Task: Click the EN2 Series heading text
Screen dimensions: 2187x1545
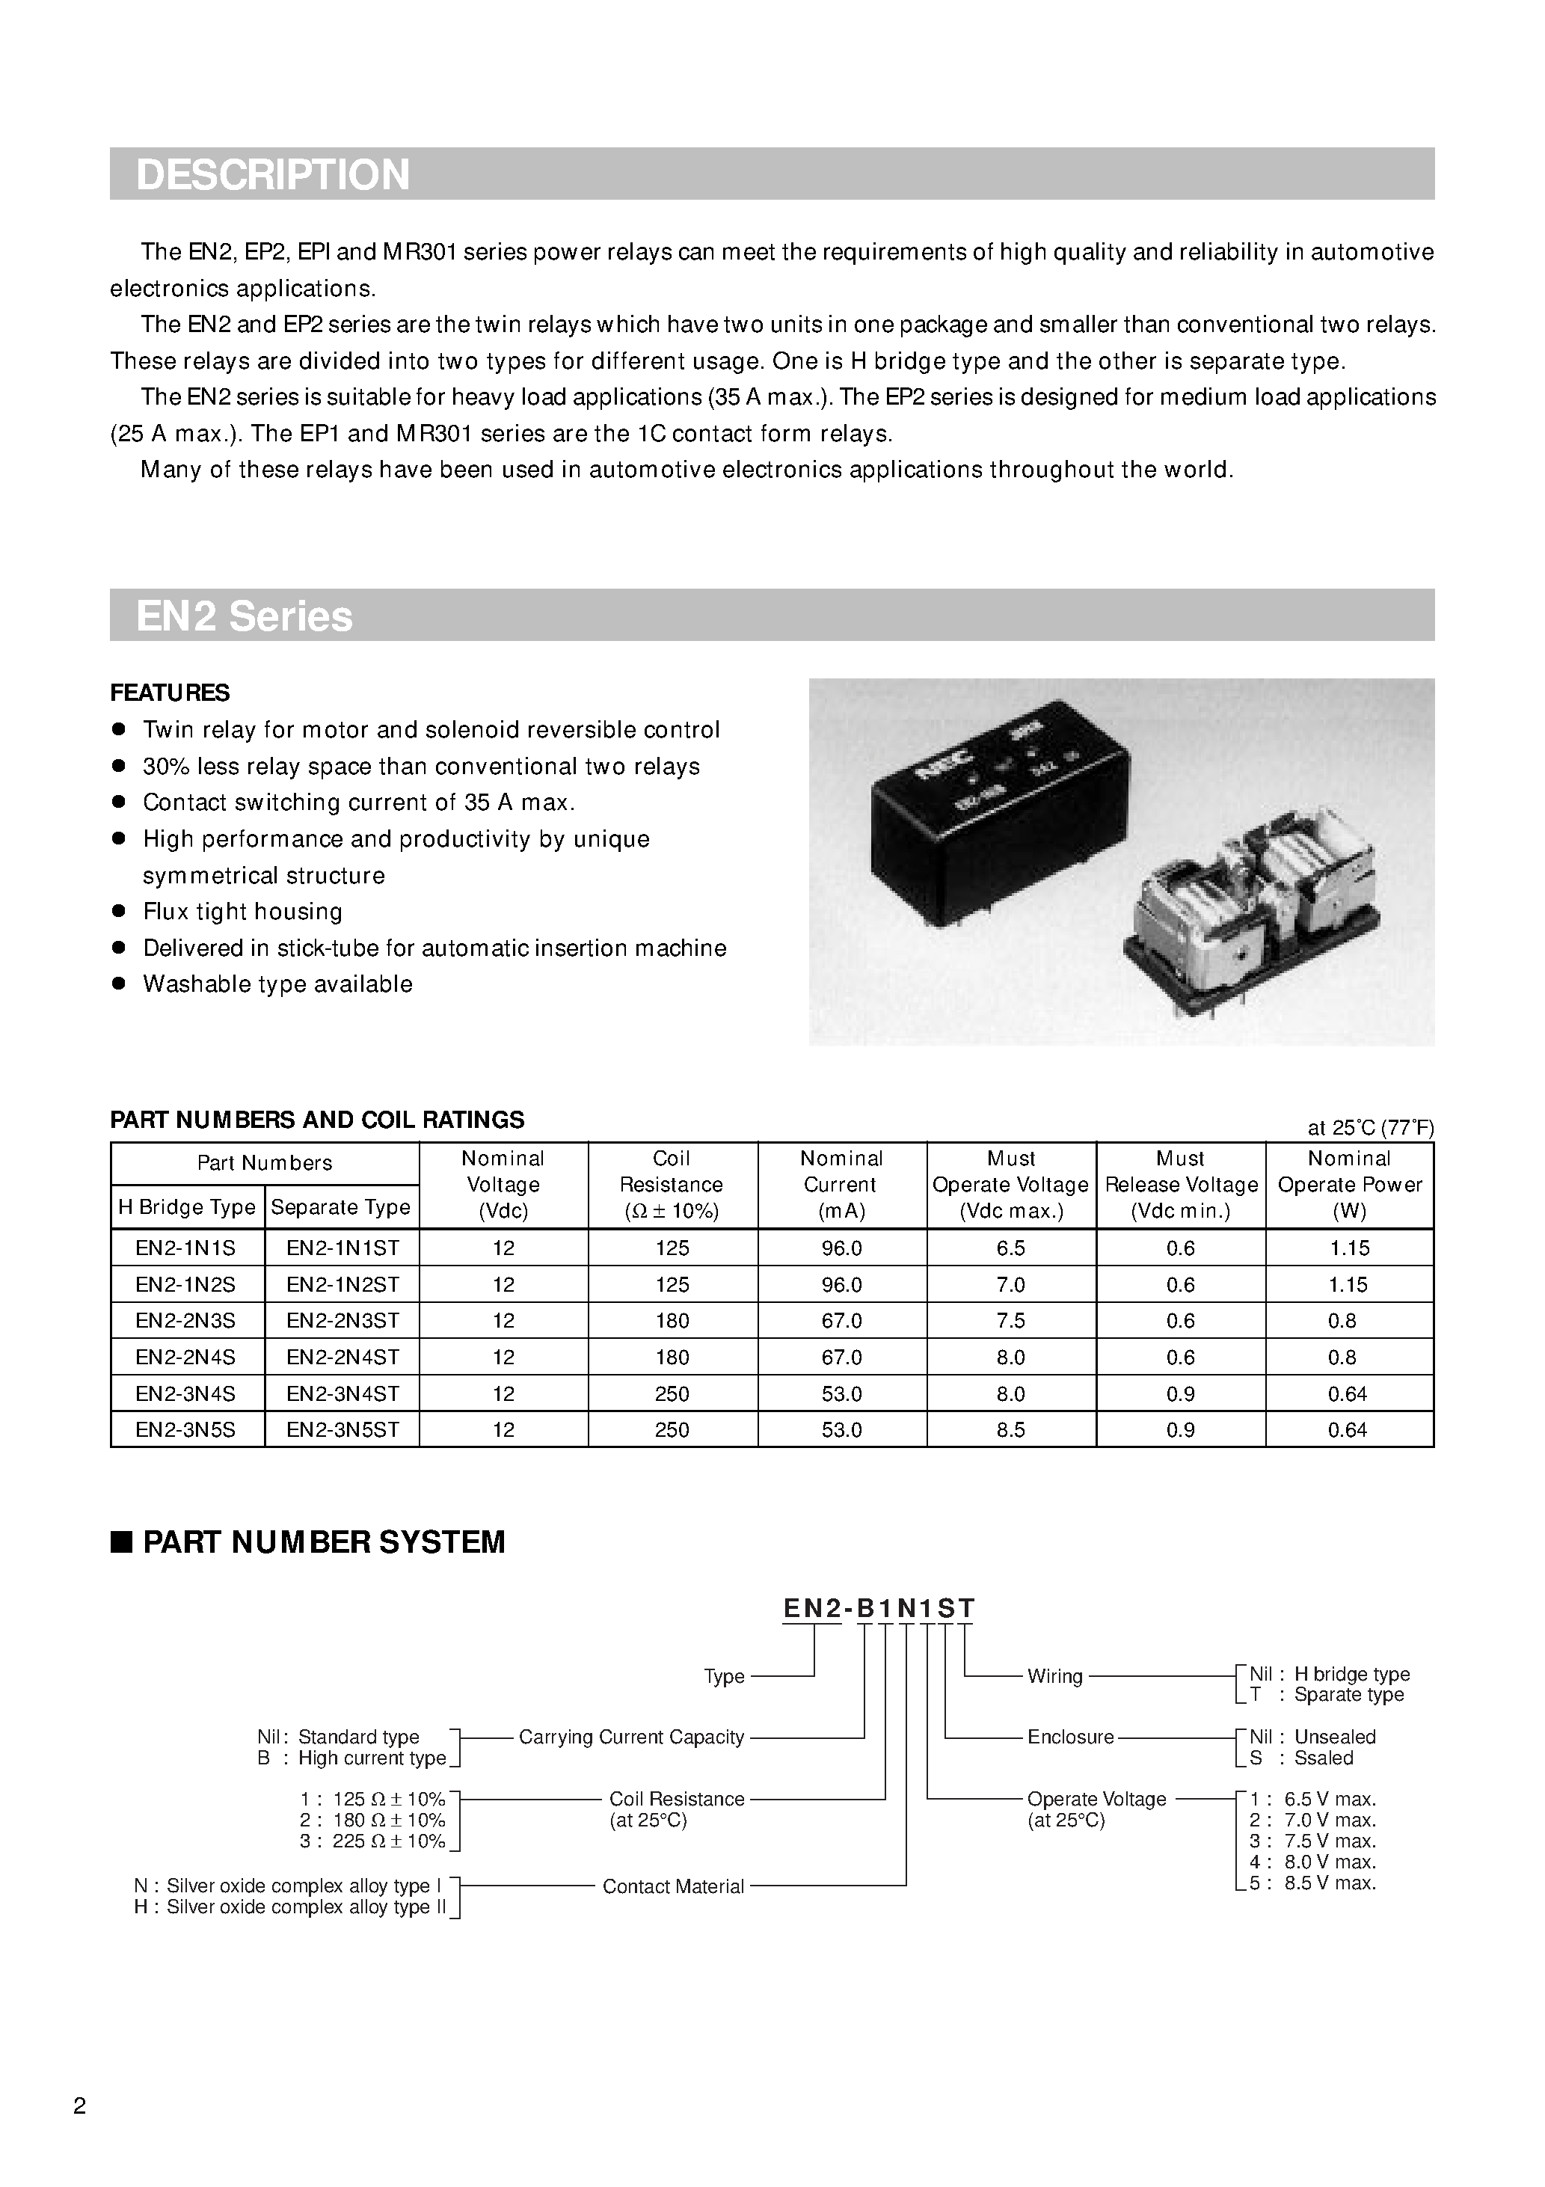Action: (x=244, y=616)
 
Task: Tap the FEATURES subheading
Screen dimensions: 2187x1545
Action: (x=170, y=693)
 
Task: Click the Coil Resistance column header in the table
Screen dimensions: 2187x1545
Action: (x=672, y=1184)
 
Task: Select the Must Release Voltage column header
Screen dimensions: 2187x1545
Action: (x=1180, y=1184)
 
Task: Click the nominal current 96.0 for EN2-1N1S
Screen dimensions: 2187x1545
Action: (x=841, y=1248)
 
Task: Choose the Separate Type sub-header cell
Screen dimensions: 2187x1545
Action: (x=340, y=1207)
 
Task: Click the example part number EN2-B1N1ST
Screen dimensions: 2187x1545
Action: (x=878, y=1608)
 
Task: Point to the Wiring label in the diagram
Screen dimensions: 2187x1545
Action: (x=1054, y=1675)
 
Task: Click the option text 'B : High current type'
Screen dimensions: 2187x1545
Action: (x=351, y=1758)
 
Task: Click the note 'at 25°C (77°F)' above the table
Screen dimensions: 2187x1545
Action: (x=1370, y=1128)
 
